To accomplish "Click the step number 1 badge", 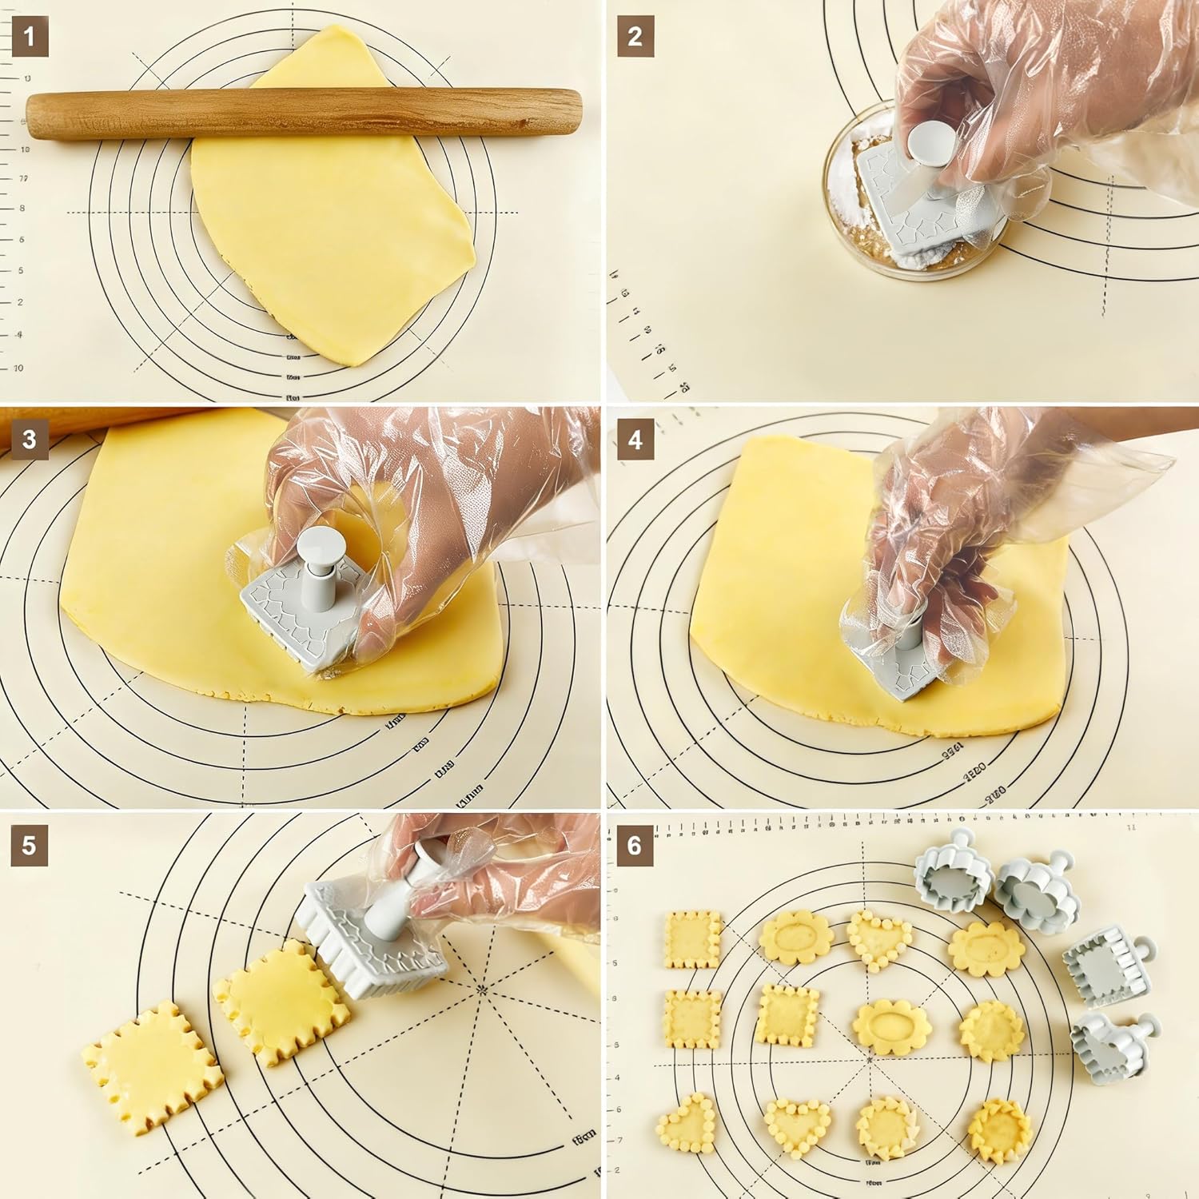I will coord(30,37).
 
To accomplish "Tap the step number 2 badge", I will coord(635,37).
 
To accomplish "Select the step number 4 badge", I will coord(635,440).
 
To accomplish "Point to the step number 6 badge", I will coord(635,846).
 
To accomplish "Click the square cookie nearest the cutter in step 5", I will coord(281,1004).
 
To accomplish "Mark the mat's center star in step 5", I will coord(481,990).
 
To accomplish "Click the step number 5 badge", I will coord(30,846).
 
